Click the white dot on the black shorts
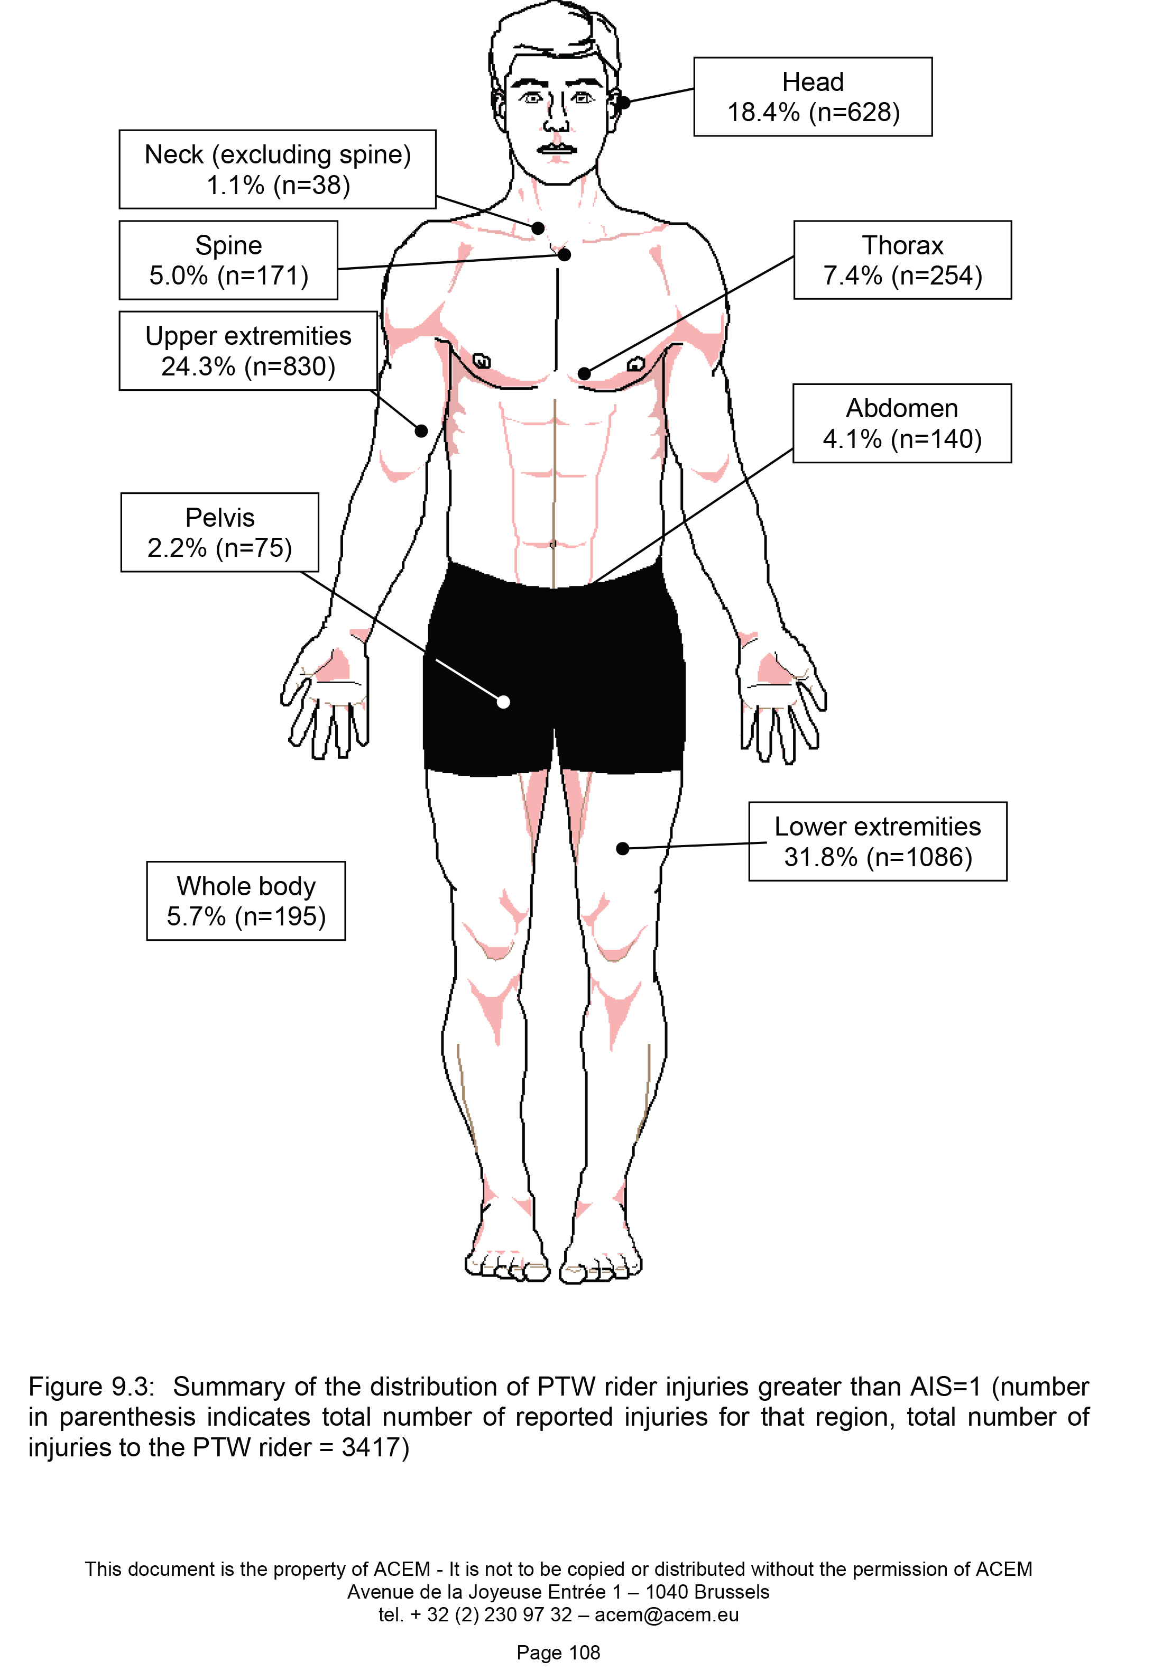tap(503, 702)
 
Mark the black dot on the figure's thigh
tap(623, 848)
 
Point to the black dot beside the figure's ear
tap(624, 103)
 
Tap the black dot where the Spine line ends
tap(564, 254)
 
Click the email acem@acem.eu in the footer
tap(667, 1615)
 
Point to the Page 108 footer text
tap(558, 1653)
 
